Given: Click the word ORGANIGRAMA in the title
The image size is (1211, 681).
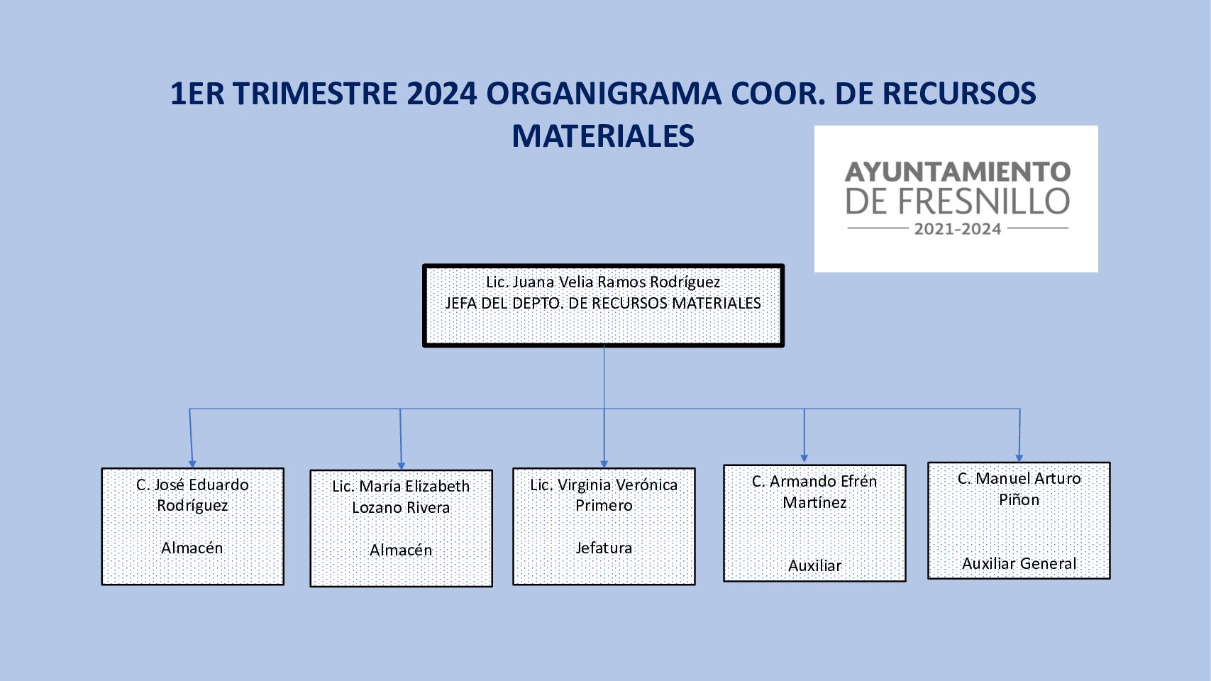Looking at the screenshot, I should click(603, 94).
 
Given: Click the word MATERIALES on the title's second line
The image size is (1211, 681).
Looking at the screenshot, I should click(603, 136).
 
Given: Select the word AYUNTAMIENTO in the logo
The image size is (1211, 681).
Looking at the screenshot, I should click(958, 172).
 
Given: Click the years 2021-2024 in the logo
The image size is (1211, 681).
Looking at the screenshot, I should click(957, 229).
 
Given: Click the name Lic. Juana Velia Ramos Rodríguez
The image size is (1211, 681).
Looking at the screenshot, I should click(603, 282).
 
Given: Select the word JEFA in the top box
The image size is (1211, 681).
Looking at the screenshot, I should click(461, 304).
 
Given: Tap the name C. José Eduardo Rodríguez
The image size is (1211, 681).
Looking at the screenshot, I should click(192, 494).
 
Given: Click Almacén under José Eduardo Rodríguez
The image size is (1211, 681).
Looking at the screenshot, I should click(192, 548).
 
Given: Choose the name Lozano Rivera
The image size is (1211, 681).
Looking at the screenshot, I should click(401, 508).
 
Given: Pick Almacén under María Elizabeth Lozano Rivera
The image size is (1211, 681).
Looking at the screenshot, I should click(401, 550).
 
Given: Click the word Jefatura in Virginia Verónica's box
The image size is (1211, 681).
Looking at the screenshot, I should click(604, 548).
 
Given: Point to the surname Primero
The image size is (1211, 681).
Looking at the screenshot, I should click(604, 506).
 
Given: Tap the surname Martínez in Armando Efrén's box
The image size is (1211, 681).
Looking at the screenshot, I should click(814, 503).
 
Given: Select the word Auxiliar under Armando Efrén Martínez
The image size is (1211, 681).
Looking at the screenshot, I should click(814, 565).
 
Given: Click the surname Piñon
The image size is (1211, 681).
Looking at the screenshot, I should click(1019, 500).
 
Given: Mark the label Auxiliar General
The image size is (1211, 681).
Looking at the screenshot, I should click(1019, 563).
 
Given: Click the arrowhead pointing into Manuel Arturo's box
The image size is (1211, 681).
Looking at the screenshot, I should click(1019, 458).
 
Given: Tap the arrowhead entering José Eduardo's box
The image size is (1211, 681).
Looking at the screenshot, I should click(192, 464).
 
